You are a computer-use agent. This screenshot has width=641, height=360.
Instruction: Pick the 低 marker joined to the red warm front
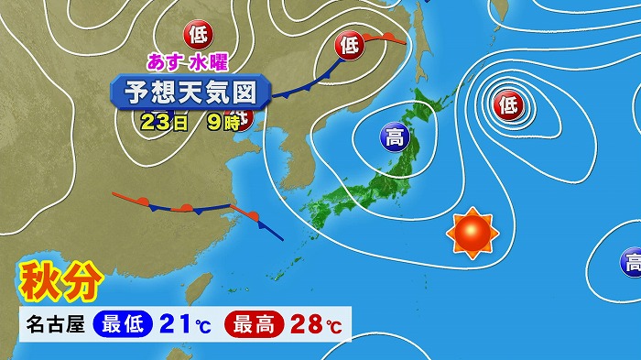point(348,44)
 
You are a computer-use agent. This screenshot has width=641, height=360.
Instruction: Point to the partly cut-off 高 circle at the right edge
point(631,264)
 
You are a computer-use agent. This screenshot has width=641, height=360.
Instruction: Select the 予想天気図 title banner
point(191,92)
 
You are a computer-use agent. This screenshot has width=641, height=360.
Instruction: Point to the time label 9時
point(219,120)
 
